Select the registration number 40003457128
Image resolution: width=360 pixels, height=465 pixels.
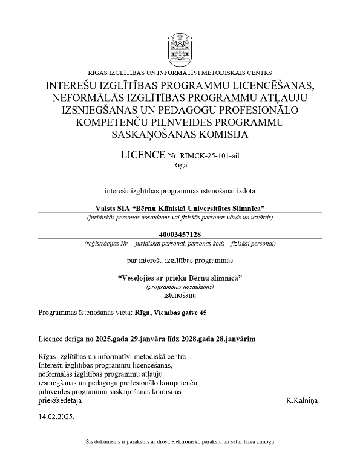[x=180, y=235]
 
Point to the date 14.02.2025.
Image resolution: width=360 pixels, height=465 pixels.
[x=56, y=417]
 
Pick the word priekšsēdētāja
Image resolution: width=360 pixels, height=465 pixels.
[x=59, y=400]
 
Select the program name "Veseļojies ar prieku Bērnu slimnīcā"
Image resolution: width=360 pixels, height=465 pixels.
[x=180, y=278]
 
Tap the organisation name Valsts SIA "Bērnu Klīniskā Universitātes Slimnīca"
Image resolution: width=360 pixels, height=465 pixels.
[x=180, y=208]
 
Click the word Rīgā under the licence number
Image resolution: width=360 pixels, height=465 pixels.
[x=180, y=165]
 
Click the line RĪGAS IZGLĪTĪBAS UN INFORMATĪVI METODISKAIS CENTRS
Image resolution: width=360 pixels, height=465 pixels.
[x=180, y=73]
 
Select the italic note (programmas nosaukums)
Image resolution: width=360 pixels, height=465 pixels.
[x=180, y=287]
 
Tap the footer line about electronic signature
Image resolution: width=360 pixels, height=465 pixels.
[x=180, y=442]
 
